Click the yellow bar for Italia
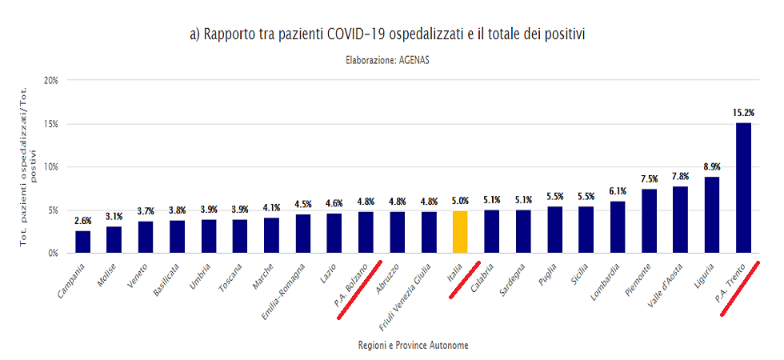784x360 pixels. tap(460, 232)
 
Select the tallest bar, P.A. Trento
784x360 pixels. tap(743, 188)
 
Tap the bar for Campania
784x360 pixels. tap(83, 242)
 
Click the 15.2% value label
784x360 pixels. tap(743, 113)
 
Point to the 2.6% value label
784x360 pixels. tap(83, 221)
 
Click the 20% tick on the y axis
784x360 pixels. tap(50, 81)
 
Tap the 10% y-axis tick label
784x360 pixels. tap(50, 167)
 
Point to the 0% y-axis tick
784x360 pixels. tap(53, 253)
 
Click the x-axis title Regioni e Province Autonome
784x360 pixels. tap(414, 345)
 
